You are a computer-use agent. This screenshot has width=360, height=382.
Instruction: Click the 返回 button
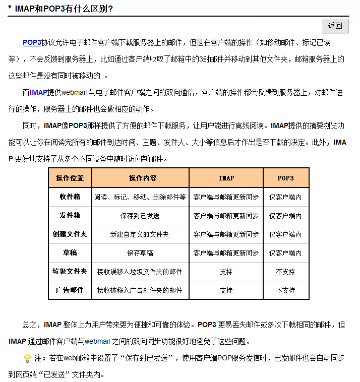[x=335, y=26]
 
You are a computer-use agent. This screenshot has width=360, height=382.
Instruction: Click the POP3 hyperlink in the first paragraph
[x=32, y=43]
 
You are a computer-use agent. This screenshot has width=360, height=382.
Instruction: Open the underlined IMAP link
[x=38, y=92]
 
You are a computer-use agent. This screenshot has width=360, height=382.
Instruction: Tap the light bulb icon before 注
[x=27, y=358]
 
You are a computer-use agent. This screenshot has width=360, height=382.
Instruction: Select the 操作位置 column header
[x=70, y=178]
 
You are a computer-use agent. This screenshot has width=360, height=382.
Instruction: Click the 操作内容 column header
[x=140, y=178]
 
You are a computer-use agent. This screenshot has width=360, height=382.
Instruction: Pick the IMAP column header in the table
[x=226, y=178]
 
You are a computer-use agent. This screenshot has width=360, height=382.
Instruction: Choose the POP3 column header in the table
[x=285, y=178]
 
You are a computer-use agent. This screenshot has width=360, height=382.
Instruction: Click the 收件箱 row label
[x=70, y=197]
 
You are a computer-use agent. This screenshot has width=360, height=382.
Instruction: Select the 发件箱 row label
[x=70, y=215]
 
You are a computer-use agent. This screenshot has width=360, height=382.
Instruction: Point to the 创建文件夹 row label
[x=70, y=234]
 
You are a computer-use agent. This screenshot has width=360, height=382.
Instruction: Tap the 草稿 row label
[x=70, y=252]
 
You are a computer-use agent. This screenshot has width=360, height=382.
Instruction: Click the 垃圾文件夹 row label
[x=70, y=271]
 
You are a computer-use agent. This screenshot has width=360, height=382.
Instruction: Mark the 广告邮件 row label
[x=70, y=290]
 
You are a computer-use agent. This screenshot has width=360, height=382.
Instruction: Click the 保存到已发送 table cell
[x=140, y=216]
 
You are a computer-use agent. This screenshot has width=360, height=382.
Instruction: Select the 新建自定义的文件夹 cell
[x=140, y=234]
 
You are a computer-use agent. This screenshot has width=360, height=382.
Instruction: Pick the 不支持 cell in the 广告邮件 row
[x=285, y=290]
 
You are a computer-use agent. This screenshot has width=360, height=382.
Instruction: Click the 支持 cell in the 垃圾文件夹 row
[x=226, y=272]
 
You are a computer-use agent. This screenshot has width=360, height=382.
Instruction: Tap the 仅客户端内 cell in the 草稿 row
[x=285, y=253]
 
